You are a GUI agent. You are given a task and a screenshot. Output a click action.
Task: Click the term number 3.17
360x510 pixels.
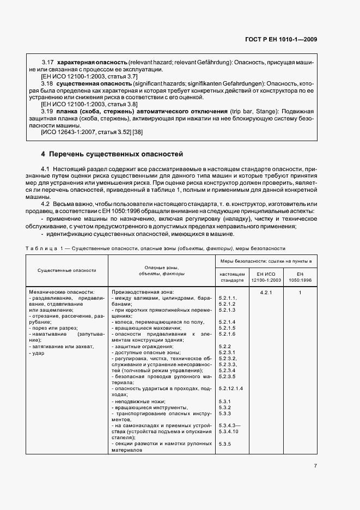point(48,63)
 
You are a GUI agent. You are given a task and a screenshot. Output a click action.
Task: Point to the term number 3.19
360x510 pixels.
point(48,111)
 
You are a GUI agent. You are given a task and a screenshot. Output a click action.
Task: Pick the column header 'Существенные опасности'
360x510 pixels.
point(67,270)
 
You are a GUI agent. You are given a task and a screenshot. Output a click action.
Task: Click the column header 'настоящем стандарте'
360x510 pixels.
point(232,276)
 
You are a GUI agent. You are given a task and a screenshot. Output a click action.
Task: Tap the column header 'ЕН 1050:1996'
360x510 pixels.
point(300,276)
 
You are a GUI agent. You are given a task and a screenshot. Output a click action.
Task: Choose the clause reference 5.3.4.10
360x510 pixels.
point(229,431)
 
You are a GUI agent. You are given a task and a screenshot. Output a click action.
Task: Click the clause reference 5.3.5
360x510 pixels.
point(225,445)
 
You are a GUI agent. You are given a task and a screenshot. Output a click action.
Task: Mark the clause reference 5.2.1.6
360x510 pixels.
point(227,333)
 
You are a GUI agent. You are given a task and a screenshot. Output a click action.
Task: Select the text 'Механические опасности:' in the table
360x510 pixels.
point(62,293)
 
